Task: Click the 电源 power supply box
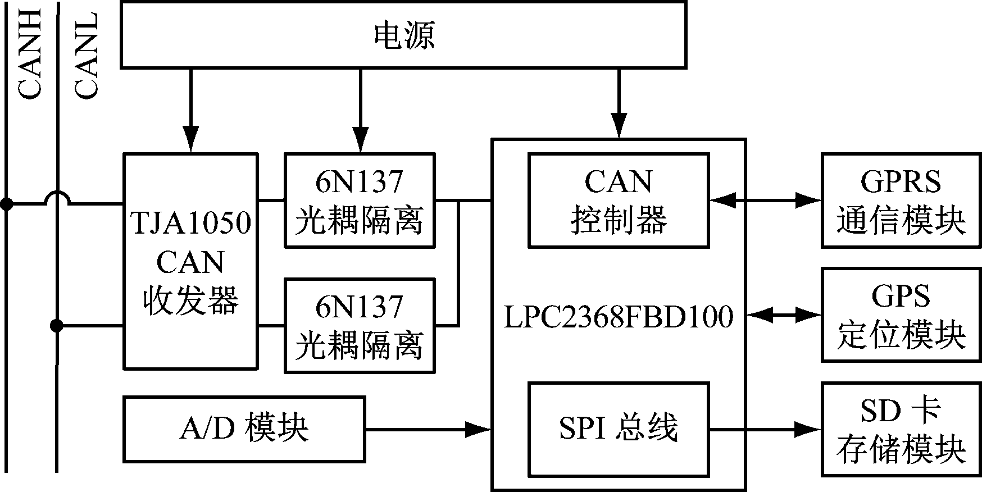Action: pyautogui.click(x=403, y=35)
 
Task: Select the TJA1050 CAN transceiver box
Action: pyautogui.click(x=190, y=261)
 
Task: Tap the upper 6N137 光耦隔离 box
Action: pyautogui.click(x=360, y=200)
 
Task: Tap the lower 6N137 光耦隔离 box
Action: pyautogui.click(x=360, y=325)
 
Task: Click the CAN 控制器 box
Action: pyautogui.click(x=618, y=200)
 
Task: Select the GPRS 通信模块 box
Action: pyautogui.click(x=901, y=200)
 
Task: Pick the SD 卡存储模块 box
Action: pyautogui.click(x=901, y=430)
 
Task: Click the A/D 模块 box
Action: pyautogui.click(x=244, y=429)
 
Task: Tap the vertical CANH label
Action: pyautogui.click(x=29, y=53)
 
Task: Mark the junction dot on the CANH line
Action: pyautogui.click(x=6, y=204)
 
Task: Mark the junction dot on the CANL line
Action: pyautogui.click(x=56, y=325)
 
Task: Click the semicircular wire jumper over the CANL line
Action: pyautogui.click(x=57, y=197)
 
